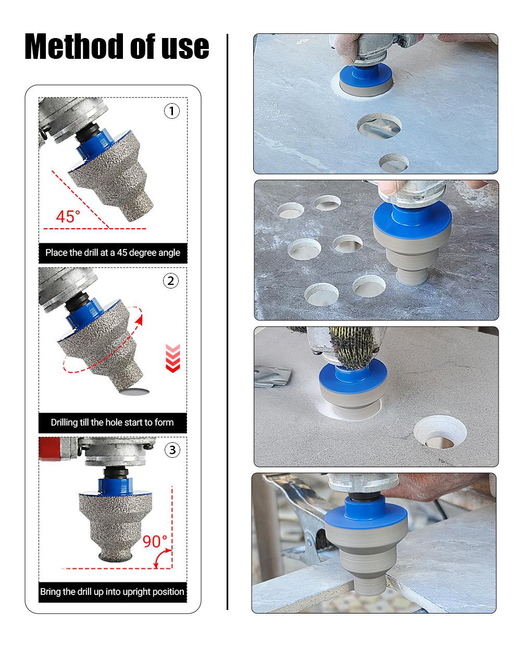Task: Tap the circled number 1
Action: pyautogui.click(x=172, y=111)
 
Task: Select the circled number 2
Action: pyautogui.click(x=171, y=281)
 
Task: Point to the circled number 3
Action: pyautogui.click(x=172, y=450)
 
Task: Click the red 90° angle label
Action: pyautogui.click(x=155, y=541)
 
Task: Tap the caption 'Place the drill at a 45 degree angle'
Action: pyautogui.click(x=113, y=253)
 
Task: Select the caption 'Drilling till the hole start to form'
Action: pyautogui.click(x=113, y=422)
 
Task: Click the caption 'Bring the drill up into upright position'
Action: pyautogui.click(x=113, y=592)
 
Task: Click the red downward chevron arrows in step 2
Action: pyautogui.click(x=172, y=358)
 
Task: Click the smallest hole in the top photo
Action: pyautogui.click(x=394, y=164)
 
